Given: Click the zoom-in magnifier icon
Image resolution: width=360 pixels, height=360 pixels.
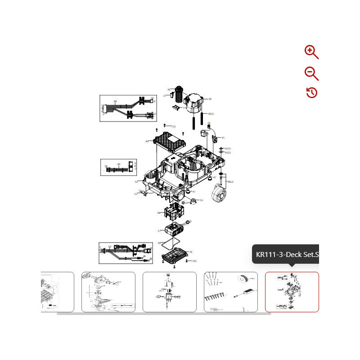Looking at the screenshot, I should click(311, 52).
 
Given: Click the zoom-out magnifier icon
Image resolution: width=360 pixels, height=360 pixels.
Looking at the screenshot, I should click(311, 73).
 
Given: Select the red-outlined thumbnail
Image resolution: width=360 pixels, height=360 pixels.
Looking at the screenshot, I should click(292, 292).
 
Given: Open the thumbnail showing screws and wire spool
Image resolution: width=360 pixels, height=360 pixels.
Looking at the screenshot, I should click(230, 292).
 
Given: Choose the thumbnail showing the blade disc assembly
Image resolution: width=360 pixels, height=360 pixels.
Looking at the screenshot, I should click(108, 292).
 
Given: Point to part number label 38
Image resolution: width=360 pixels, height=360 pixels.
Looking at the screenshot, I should click(210, 99).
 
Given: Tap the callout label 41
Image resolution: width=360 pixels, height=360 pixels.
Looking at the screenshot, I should click(223, 138).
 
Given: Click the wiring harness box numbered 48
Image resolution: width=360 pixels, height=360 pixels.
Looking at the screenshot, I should click(128, 108).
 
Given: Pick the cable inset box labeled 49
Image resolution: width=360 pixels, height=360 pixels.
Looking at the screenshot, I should click(119, 167).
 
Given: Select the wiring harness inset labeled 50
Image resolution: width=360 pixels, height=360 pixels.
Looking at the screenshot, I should click(126, 253).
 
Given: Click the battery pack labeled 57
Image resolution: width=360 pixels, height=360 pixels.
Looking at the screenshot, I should click(176, 229).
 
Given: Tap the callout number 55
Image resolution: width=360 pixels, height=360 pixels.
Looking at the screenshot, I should click(201, 200).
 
